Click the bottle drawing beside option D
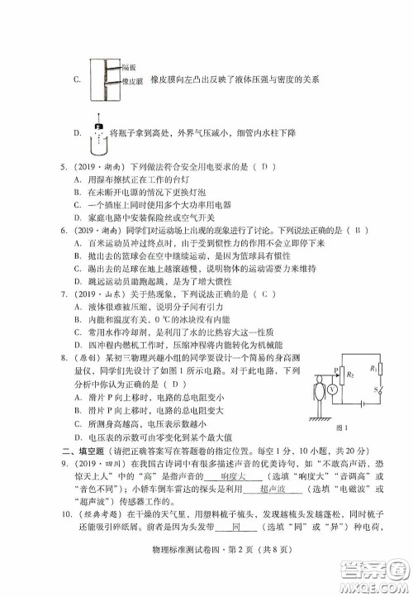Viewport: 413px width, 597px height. [99, 132]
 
